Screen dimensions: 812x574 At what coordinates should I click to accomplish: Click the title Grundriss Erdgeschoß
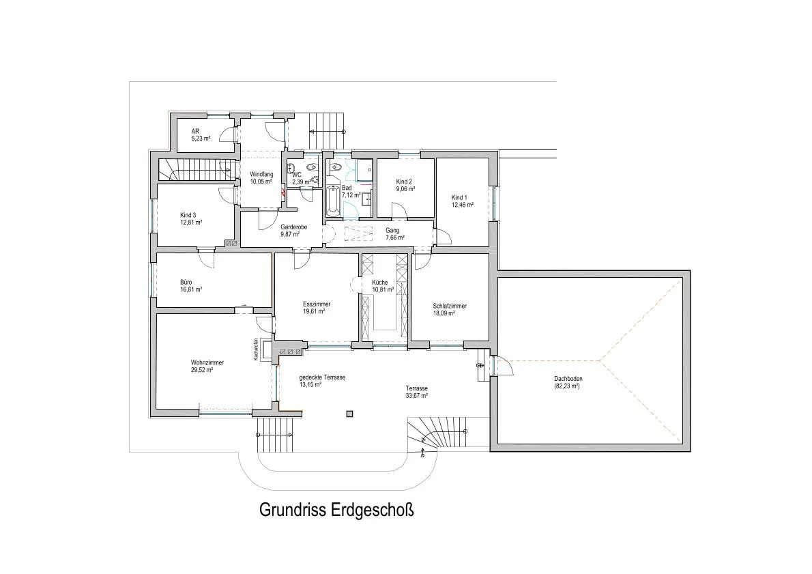tap(336, 510)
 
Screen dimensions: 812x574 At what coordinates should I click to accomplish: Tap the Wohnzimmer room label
tap(207, 362)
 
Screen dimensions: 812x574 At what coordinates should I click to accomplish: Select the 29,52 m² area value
tap(202, 370)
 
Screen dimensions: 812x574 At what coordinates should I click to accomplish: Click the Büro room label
tap(186, 282)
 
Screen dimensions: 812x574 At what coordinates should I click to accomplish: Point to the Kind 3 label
tap(188, 215)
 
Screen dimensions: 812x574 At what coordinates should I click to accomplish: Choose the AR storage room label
tap(195, 132)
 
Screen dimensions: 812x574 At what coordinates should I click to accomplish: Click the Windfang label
tap(261, 174)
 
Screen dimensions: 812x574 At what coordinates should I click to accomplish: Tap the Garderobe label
tap(293, 227)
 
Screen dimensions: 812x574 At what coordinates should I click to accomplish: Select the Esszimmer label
tap(317, 304)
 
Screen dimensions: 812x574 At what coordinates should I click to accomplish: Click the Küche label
tap(379, 283)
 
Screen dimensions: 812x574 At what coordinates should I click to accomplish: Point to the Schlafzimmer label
tap(450, 306)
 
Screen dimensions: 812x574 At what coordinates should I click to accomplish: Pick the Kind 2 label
tap(404, 182)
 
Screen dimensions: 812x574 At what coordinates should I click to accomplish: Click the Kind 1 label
tap(459, 197)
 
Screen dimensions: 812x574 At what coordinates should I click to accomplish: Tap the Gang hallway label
tap(392, 231)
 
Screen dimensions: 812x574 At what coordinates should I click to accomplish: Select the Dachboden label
tap(568, 379)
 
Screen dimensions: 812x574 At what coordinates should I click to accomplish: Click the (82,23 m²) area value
tap(566, 386)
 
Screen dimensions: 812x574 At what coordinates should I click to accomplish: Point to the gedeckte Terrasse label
tap(322, 377)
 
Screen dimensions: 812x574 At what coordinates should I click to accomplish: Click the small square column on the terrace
tap(350, 414)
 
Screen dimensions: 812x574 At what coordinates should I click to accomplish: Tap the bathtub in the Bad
tap(333, 201)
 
